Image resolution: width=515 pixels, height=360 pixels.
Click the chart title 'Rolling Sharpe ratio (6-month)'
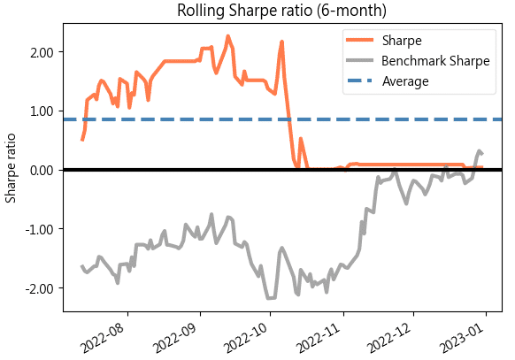click(282, 11)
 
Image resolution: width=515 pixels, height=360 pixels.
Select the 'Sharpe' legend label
click(400, 41)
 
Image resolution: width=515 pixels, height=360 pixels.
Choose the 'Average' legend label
click(405, 81)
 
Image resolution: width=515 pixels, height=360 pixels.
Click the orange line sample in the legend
click(358, 41)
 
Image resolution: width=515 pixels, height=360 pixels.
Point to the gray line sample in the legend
click(358, 61)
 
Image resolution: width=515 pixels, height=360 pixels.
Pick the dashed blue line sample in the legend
click(358, 81)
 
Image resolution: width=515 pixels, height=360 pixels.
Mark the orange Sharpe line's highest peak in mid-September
click(228, 36)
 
